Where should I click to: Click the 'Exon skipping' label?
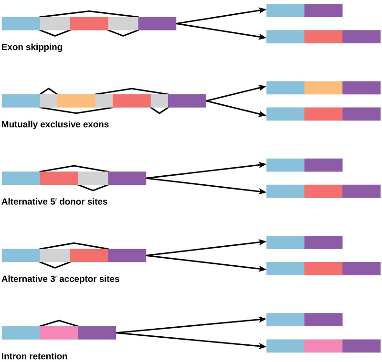tap(32, 47)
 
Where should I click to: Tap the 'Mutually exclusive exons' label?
tap(55, 124)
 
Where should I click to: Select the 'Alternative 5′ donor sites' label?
tap(54, 201)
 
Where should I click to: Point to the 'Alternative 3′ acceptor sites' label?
tap(60, 279)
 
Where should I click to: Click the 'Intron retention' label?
tap(34, 356)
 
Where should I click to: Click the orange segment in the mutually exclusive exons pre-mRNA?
tap(76, 101)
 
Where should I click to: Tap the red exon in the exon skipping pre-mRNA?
tap(89, 24)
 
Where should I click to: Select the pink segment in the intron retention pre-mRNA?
tap(58, 332)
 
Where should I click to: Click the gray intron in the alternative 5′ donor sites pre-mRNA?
tap(93, 178)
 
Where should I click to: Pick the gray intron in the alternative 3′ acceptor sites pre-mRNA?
tap(54, 255)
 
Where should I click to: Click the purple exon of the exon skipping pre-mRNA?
tap(157, 24)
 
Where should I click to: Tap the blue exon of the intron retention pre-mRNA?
tap(21, 332)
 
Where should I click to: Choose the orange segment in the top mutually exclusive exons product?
tap(323, 88)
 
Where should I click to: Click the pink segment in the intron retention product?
tap(323, 346)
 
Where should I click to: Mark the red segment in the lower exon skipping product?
tap(323, 37)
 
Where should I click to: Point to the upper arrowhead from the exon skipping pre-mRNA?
tap(264, 10)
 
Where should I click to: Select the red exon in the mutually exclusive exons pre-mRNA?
tap(131, 101)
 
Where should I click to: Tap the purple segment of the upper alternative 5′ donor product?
tap(323, 165)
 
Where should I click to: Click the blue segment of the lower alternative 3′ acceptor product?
tap(285, 269)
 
